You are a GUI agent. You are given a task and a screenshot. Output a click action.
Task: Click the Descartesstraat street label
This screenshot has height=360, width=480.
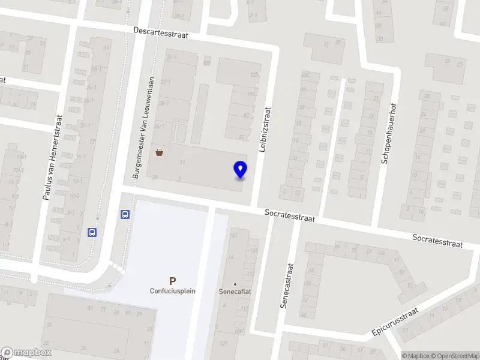click(x=161, y=32)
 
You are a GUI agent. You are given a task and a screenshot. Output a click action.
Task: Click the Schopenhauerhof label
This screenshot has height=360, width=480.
click(x=389, y=133)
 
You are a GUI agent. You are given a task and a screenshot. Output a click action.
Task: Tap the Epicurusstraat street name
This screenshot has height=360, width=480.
click(x=394, y=322)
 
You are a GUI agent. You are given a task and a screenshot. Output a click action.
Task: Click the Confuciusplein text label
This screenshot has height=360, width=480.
click(x=173, y=291)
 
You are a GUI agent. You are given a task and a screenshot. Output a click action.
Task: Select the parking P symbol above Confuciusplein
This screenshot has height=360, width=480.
click(x=173, y=281)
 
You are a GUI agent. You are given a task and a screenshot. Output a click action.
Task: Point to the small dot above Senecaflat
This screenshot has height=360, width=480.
click(x=235, y=283)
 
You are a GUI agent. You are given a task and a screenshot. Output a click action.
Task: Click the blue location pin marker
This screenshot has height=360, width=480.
click(x=240, y=170)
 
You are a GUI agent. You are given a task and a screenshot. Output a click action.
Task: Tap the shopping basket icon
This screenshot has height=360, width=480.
click(x=160, y=152)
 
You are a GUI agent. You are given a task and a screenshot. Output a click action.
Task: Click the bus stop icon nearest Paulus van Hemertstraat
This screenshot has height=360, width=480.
click(x=92, y=232)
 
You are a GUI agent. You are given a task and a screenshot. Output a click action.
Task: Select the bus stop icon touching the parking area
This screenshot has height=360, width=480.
click(x=125, y=214)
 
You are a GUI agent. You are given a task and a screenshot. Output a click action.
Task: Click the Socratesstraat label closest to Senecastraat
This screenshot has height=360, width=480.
click(x=290, y=215)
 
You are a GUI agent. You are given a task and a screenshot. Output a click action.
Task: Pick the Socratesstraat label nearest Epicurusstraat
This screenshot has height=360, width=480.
click(x=438, y=241)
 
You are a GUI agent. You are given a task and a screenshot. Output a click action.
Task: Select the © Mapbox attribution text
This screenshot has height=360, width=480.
click(x=415, y=356)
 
